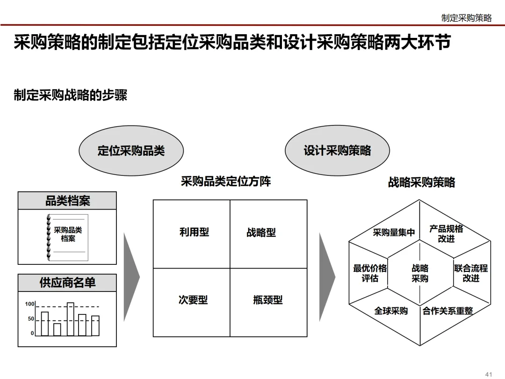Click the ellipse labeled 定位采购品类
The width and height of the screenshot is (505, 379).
[x=131, y=151]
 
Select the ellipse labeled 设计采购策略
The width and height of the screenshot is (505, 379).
[x=337, y=151]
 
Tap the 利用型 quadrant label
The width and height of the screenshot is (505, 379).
[x=194, y=232]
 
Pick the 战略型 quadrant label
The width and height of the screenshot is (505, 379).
[x=261, y=233]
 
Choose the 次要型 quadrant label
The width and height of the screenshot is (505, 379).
[x=193, y=300]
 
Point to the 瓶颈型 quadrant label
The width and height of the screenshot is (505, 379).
[x=268, y=300]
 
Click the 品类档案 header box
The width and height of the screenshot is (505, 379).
[x=67, y=201]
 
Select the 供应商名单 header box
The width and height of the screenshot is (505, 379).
[x=67, y=283]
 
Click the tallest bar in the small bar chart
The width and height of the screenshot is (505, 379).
[x=71, y=319]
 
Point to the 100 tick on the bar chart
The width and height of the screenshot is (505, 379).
[x=30, y=304]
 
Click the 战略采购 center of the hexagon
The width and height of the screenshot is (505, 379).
[x=420, y=274]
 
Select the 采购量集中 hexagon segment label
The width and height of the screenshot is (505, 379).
[x=394, y=233]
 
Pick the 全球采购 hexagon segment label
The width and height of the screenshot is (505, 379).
[x=391, y=311]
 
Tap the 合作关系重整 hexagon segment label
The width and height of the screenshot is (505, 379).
[x=447, y=311]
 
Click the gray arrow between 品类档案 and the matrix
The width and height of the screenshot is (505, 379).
[x=131, y=277]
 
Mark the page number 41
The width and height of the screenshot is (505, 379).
[x=489, y=374]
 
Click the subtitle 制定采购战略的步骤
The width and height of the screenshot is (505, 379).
[x=71, y=95]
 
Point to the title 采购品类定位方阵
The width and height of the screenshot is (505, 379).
[x=226, y=181]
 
